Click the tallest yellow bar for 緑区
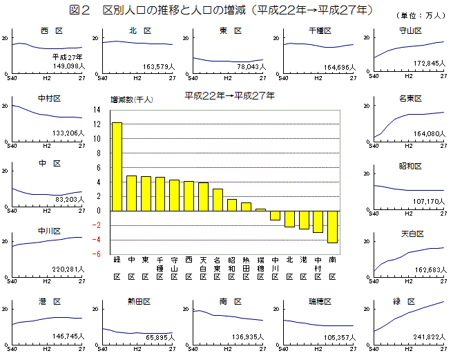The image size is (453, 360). click(x=117, y=167)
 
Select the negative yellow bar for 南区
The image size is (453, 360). click(x=332, y=227)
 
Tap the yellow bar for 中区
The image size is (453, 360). click(x=131, y=193)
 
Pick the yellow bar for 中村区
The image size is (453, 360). click(x=318, y=221)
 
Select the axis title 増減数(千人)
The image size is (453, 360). click(x=132, y=100)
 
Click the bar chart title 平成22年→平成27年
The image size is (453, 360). click(x=229, y=95)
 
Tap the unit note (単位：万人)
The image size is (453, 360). click(x=422, y=15)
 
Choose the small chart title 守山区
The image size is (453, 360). click(x=411, y=31)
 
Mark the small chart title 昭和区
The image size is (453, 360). click(x=411, y=167)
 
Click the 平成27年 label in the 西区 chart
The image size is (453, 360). click(x=67, y=56)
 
